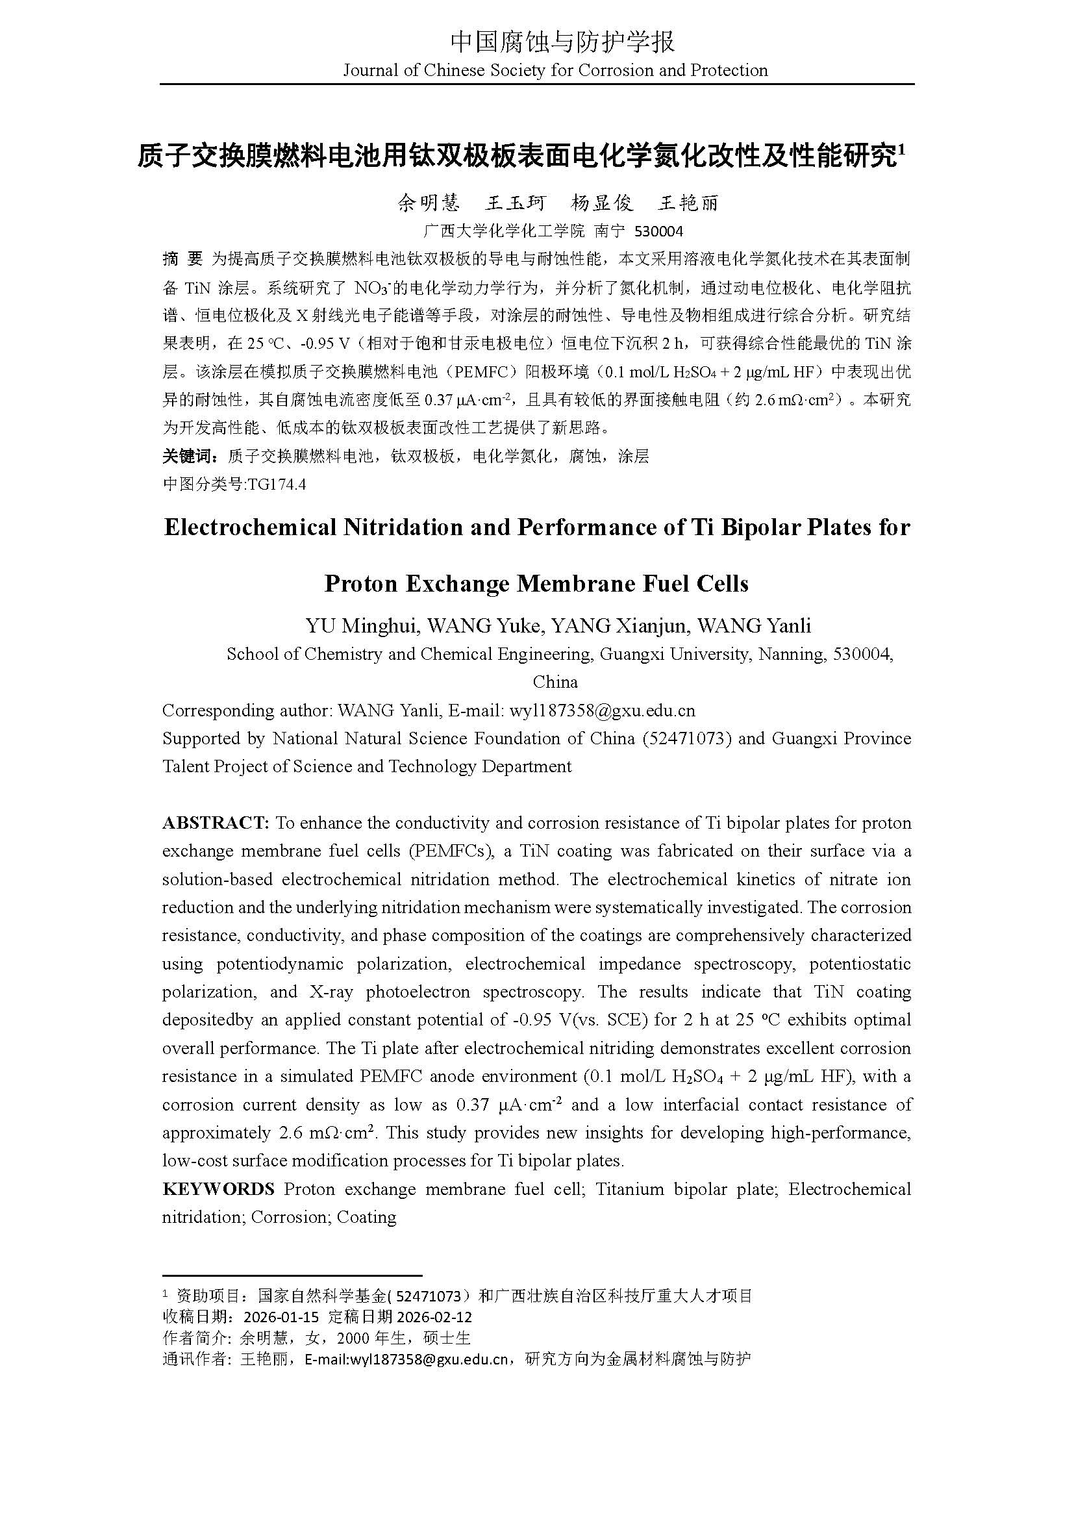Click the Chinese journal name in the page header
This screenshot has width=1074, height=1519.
[x=562, y=42]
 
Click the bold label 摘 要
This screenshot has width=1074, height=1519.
[x=182, y=259]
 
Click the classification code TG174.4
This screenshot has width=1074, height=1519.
[x=276, y=484]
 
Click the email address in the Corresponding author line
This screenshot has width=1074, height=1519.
[x=601, y=710]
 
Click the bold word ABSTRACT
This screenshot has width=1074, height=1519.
[x=216, y=823]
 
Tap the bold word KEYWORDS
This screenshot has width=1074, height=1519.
[x=218, y=1189]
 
